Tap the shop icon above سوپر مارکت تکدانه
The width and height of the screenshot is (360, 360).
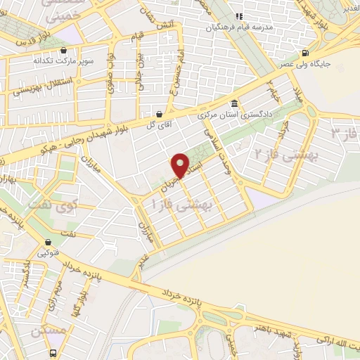(64, 51)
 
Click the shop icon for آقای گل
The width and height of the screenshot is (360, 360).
(160, 114)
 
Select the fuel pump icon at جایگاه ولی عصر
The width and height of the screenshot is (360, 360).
(304, 53)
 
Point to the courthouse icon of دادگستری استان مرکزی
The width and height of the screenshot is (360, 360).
(235, 103)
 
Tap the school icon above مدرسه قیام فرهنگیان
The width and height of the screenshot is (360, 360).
(238, 16)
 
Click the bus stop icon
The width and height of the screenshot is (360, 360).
(54, 353)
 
